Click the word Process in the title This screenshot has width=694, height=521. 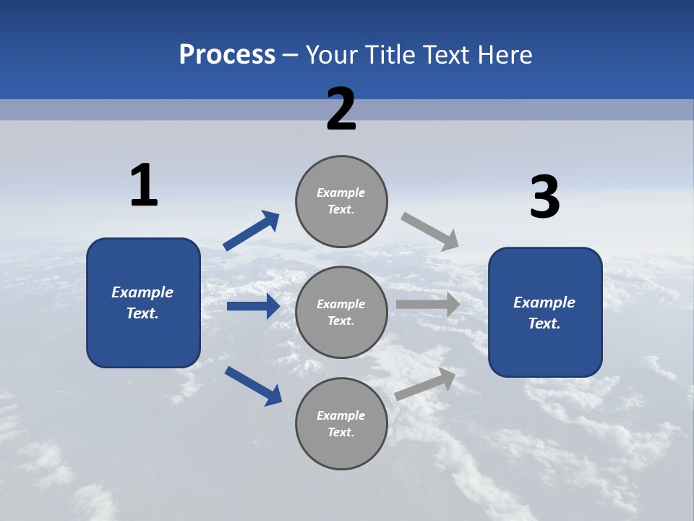(227, 55)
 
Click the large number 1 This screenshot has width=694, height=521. (144, 185)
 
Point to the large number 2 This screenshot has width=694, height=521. (341, 109)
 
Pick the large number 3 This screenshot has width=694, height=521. (544, 197)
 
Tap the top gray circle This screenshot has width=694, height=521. (341, 200)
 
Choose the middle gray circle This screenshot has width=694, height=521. (341, 312)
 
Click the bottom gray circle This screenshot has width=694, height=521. (341, 423)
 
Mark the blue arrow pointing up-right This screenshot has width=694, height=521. (252, 231)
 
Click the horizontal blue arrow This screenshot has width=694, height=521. (253, 306)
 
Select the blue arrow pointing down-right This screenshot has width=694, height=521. (254, 386)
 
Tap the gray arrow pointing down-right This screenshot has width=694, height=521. (430, 231)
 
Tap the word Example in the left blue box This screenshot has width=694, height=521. (142, 292)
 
